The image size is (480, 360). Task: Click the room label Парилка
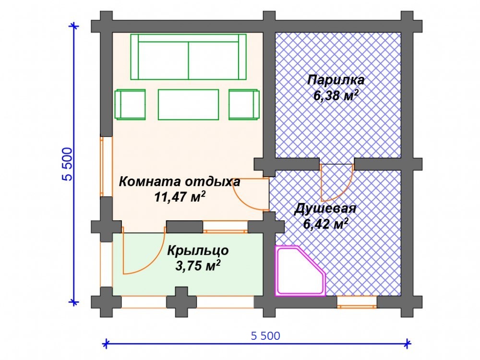point(336,80)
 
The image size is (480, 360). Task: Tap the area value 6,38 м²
point(336,96)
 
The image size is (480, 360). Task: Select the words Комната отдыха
point(180,182)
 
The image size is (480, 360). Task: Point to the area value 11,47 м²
point(180,197)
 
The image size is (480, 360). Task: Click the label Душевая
point(325,209)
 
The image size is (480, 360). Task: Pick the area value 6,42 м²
point(326,224)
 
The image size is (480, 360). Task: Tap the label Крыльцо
point(198,251)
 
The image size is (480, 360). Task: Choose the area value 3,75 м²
point(198,266)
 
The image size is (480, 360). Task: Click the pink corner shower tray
point(300,271)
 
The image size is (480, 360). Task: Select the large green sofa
point(188,57)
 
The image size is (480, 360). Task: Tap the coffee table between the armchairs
point(188,104)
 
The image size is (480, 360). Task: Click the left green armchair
point(130,104)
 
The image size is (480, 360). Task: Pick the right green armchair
point(244,104)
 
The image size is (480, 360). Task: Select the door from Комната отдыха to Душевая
point(251,194)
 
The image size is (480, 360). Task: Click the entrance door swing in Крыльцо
point(144,251)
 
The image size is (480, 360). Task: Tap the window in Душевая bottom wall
point(357,302)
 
